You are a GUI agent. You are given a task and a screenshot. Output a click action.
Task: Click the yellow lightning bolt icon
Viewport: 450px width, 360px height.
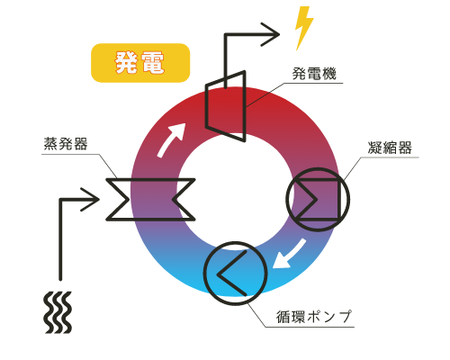coord(304,28)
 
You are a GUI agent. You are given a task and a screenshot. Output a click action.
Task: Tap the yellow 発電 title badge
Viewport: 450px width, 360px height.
coord(140,63)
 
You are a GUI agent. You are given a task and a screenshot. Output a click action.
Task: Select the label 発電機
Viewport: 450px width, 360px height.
coord(314,74)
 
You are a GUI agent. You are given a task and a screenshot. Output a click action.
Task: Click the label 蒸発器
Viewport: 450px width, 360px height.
coord(66,144)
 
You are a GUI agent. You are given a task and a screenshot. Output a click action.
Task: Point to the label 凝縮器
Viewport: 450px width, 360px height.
coord(390,148)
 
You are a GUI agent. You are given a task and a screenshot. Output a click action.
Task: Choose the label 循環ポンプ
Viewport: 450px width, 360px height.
coord(313,317)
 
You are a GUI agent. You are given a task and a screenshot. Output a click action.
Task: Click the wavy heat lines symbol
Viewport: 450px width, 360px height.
coord(58,312)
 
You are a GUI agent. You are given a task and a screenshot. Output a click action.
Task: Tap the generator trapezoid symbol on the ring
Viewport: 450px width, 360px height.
coord(226,106)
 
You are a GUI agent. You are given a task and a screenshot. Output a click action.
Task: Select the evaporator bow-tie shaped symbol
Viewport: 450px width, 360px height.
coord(150,200)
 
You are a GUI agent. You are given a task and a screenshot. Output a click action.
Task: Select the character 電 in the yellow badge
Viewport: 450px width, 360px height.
coord(153,63)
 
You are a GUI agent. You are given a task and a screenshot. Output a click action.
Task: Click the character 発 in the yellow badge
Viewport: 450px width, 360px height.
coord(127,63)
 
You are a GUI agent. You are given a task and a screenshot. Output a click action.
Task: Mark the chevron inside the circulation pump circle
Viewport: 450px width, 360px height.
coord(231,274)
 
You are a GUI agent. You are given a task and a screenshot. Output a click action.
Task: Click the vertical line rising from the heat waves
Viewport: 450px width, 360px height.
coord(60,239)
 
